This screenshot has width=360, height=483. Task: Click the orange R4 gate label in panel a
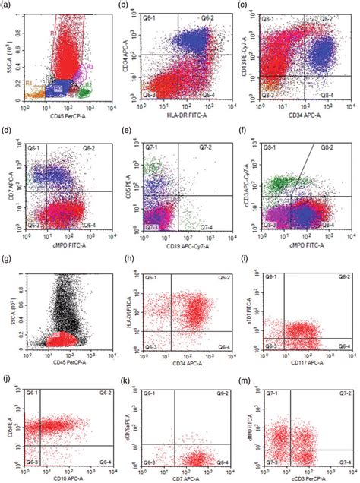pyautogui.click(x=28, y=82)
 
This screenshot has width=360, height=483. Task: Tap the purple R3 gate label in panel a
pyautogui.click(x=90, y=66)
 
